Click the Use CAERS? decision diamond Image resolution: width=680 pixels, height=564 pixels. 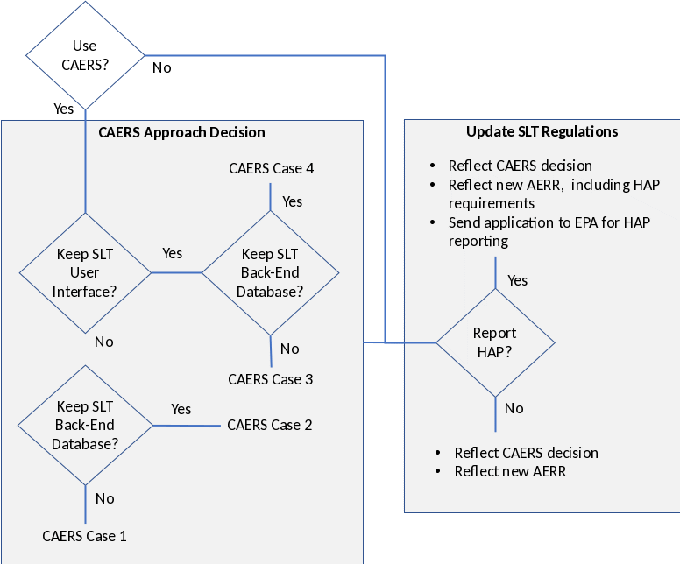pos(85,54)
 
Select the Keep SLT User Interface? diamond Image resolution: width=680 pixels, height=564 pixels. pos(85,272)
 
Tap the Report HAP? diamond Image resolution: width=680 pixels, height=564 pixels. pos(495,342)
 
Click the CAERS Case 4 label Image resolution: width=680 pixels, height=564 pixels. pos(271,168)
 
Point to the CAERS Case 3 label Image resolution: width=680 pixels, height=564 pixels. pos(270,379)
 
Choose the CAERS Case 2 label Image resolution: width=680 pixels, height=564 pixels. pos(269,425)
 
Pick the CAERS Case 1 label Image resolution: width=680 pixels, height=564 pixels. pos(84,535)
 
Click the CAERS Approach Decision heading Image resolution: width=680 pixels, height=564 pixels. pos(181,132)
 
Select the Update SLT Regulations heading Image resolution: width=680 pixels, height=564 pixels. pos(542,131)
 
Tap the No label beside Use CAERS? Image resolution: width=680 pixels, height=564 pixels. pos(162,67)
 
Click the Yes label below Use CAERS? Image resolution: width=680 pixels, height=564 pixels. pos(64,109)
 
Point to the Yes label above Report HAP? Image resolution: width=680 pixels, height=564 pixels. pos(518,280)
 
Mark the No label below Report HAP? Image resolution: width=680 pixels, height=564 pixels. pos(514,408)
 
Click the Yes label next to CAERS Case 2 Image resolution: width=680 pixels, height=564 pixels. pos(181,409)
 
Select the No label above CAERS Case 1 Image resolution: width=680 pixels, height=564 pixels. pos(104,498)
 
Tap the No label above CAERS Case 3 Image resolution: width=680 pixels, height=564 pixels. pos(289,349)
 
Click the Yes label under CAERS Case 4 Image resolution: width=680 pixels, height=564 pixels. pos(293,201)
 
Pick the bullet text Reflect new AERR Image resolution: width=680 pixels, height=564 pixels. pos(510,471)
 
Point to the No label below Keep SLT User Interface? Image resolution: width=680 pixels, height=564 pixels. pos(103,342)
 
